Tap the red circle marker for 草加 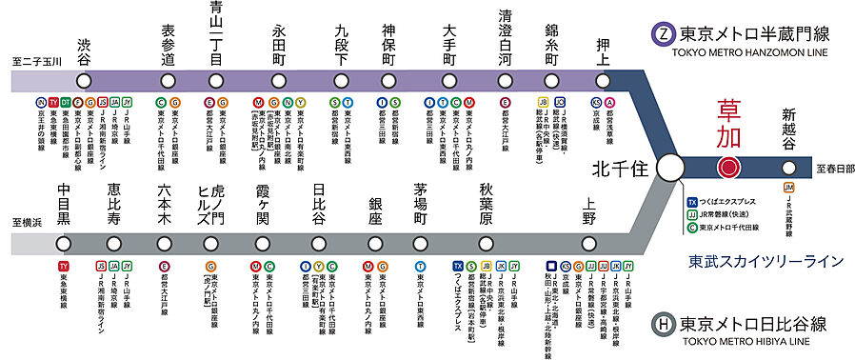pos(728,168)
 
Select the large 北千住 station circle pos(671,168)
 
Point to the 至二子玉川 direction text pos(35,60)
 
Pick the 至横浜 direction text pos(29,222)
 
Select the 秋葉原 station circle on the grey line pos(486,245)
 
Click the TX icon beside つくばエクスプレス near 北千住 pos(692,202)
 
